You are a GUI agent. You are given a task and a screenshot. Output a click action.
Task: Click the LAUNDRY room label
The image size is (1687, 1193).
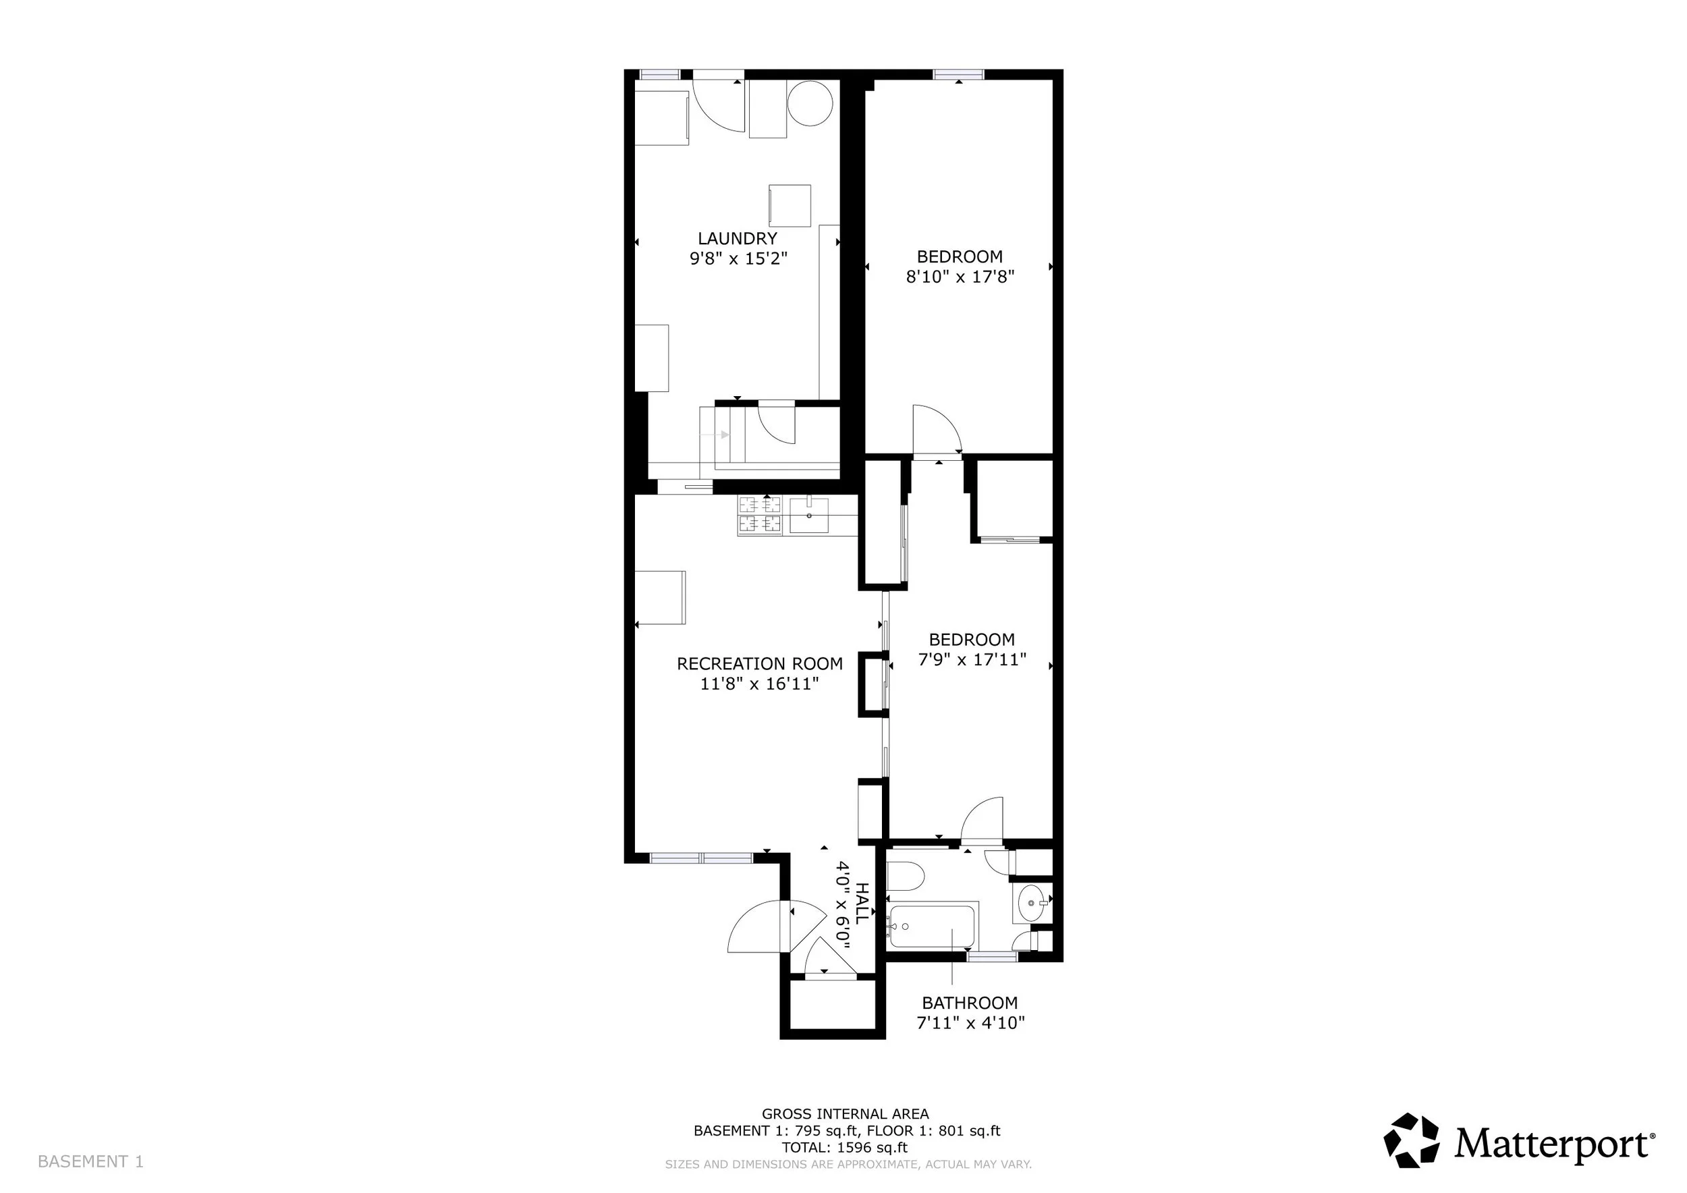point(737,239)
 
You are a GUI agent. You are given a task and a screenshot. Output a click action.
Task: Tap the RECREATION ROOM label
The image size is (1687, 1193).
point(760,664)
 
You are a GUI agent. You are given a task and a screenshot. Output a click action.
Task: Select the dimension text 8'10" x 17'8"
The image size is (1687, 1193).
point(960,277)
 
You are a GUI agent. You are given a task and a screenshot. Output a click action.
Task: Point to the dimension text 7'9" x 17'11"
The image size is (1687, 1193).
point(972,660)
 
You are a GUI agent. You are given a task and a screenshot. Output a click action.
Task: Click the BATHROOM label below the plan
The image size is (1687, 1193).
point(970,1003)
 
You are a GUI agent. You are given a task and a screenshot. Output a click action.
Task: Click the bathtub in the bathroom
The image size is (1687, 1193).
point(931,927)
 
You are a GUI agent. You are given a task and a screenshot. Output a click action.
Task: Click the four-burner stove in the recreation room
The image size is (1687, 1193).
point(760,514)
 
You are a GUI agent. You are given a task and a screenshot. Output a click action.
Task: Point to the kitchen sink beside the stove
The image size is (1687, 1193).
point(808,515)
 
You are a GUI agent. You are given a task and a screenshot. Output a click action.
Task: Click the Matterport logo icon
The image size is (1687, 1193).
point(1412,1141)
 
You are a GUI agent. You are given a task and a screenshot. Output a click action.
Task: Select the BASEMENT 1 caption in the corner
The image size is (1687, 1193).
point(90,1161)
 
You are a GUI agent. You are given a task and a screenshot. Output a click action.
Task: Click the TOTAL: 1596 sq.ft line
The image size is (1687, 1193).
point(844,1148)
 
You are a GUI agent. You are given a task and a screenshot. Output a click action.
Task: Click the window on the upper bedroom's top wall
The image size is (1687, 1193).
point(959,74)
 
